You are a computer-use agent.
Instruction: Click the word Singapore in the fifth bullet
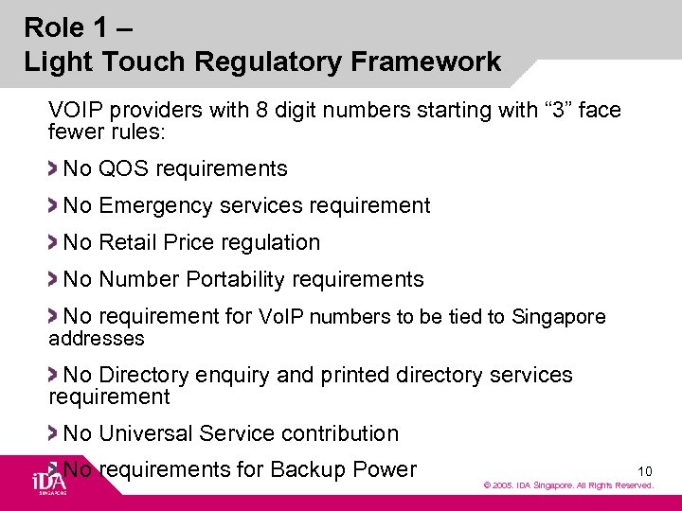(x=558, y=317)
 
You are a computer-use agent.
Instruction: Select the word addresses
(x=97, y=339)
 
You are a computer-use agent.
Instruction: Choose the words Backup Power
(x=343, y=469)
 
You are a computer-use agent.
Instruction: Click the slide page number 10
(x=645, y=470)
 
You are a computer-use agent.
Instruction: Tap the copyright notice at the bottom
(x=568, y=485)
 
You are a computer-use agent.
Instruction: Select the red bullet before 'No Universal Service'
(x=54, y=433)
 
